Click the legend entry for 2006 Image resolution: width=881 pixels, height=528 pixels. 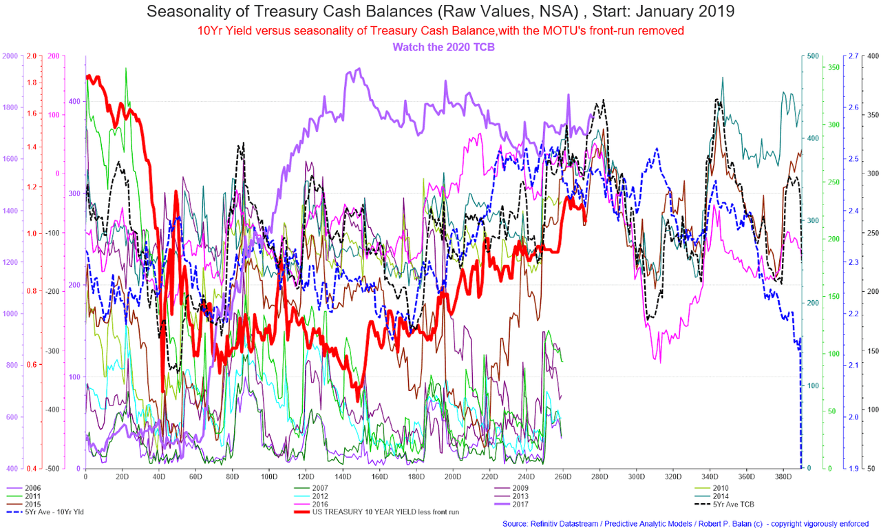coord(23,488)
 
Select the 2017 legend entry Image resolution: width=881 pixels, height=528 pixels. coord(511,504)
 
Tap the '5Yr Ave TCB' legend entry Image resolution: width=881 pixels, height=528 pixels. coord(724,504)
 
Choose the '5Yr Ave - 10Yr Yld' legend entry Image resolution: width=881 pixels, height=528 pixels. coord(45,512)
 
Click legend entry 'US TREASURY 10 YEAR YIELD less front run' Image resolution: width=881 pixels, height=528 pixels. coord(376,512)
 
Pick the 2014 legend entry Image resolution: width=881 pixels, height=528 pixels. coord(712,496)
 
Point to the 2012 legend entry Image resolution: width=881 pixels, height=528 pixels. coord(311,496)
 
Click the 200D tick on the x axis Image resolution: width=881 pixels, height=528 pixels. coord(453,477)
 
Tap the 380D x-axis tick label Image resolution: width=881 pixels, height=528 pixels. coord(783,477)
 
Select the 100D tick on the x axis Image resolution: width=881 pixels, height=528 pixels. coord(269,477)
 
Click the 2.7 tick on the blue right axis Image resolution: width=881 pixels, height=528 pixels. coord(853,56)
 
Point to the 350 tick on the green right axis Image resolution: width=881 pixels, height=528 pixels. coord(834,67)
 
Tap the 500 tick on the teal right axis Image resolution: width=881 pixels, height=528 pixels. coord(813,56)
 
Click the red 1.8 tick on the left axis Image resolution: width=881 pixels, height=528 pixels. coord(32,83)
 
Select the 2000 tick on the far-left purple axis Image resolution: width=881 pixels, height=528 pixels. coord(10,56)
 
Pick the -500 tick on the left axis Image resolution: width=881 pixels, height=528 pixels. coord(53,469)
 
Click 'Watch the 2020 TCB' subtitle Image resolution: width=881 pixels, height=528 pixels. coord(443,47)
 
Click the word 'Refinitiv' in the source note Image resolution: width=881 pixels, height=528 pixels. coord(547,524)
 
